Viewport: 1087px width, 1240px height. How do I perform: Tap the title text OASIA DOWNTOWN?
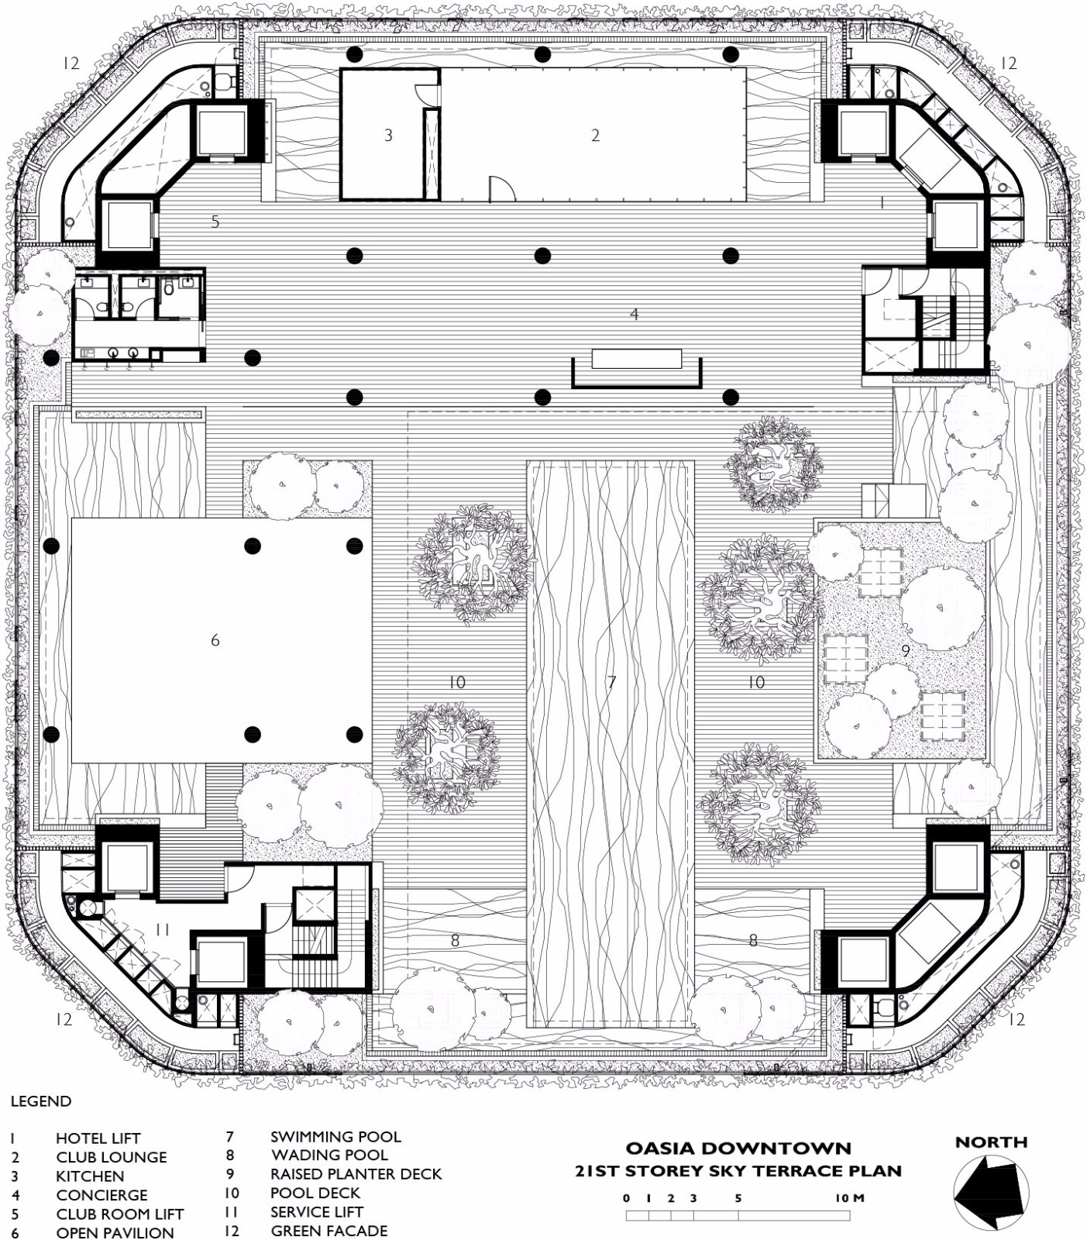pyautogui.click(x=738, y=1148)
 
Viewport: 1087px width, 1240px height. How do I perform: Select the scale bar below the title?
pyautogui.click(x=738, y=1215)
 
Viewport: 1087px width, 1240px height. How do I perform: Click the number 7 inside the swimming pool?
pyautogui.click(x=611, y=682)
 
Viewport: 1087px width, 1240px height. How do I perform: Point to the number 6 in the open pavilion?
pyautogui.click(x=215, y=640)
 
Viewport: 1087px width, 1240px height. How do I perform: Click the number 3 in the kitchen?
pyautogui.click(x=388, y=135)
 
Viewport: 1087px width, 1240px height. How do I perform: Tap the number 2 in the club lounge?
pyautogui.click(x=595, y=135)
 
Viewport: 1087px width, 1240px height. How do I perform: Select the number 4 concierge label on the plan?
pyautogui.click(x=635, y=314)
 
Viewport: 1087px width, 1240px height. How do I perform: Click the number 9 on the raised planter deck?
pyautogui.click(x=906, y=652)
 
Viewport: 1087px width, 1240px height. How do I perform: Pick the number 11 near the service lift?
pyautogui.click(x=162, y=929)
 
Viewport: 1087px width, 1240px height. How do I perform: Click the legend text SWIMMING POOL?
pyautogui.click(x=335, y=1137)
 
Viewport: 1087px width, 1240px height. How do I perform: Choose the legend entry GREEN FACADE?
pyautogui.click(x=329, y=1231)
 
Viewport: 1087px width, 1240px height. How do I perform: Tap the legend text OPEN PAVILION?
pyautogui.click(x=115, y=1232)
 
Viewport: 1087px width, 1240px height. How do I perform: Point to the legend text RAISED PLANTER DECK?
pyautogui.click(x=356, y=1174)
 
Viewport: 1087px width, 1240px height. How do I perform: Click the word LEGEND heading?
pyautogui.click(x=41, y=1101)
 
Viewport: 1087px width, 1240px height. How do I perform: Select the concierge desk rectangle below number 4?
pyautogui.click(x=636, y=358)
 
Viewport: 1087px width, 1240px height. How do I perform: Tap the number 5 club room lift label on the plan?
pyautogui.click(x=215, y=222)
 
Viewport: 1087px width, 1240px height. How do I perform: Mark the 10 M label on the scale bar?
pyautogui.click(x=849, y=1198)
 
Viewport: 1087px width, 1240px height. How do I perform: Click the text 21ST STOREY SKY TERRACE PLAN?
pyautogui.click(x=738, y=1171)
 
